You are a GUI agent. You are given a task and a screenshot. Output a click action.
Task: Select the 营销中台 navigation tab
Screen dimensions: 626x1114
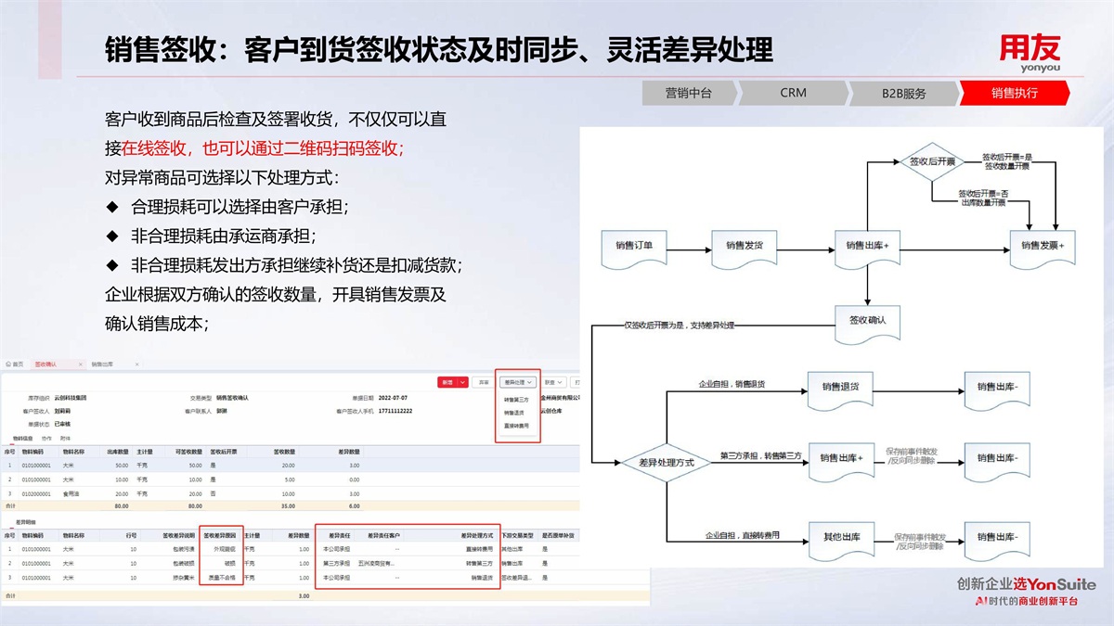click(x=688, y=93)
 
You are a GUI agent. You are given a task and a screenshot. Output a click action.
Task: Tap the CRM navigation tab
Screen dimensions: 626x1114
click(x=793, y=93)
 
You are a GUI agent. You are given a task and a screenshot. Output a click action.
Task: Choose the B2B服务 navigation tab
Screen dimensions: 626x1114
click(x=903, y=93)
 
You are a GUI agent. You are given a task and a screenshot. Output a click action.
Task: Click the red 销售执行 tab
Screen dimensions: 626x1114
click(x=1014, y=93)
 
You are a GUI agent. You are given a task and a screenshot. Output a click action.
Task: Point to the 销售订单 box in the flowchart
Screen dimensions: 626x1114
click(x=634, y=247)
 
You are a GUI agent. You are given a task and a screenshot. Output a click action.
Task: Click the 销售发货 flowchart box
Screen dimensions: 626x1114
click(x=744, y=247)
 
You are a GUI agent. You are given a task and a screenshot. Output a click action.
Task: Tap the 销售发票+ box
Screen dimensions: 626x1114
click(x=1042, y=247)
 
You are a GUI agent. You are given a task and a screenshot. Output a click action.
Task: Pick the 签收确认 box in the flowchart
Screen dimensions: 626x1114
click(x=867, y=321)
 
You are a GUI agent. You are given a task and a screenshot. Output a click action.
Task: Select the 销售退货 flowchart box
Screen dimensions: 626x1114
click(x=840, y=387)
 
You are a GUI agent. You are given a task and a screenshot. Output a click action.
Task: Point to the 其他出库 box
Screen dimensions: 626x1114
click(x=840, y=538)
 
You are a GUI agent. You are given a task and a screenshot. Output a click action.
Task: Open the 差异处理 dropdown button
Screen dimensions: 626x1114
click(x=517, y=381)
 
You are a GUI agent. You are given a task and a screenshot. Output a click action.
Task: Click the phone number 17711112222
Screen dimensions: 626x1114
click(x=395, y=410)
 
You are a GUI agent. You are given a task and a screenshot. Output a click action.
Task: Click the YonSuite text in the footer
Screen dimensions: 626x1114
click(x=1063, y=584)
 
